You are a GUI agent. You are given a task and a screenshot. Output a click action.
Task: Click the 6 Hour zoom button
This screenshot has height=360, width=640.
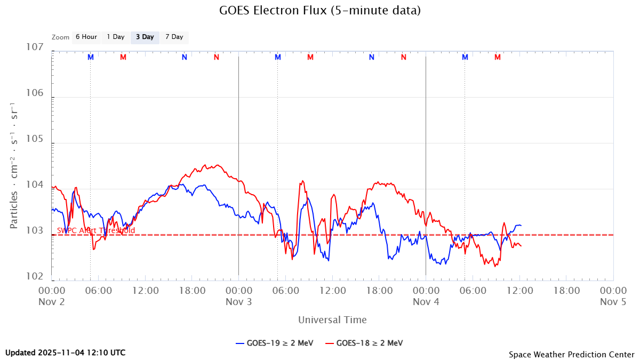click(x=86, y=37)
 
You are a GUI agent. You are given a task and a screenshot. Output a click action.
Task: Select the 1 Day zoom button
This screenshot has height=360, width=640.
click(x=115, y=37)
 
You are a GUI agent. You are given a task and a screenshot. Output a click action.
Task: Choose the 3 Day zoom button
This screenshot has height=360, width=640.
click(x=145, y=37)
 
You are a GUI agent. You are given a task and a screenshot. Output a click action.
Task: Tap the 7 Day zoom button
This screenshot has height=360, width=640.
click(x=174, y=37)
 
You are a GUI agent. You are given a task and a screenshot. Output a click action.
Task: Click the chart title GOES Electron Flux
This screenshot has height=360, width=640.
click(x=320, y=11)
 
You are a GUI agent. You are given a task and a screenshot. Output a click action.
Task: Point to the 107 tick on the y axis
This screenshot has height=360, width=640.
click(x=35, y=47)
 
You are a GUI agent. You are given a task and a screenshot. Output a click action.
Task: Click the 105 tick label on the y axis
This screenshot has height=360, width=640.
click(x=35, y=139)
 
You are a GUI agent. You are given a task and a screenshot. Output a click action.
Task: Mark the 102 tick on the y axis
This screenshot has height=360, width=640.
click(x=35, y=277)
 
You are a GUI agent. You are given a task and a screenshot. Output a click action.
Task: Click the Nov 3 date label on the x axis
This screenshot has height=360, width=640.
click(x=238, y=302)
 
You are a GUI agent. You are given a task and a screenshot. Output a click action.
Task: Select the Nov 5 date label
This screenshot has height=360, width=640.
click(x=613, y=302)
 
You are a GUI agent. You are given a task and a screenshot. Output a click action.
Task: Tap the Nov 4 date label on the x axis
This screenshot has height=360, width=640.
click(x=426, y=302)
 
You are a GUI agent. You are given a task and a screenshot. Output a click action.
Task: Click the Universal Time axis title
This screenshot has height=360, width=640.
click(x=332, y=320)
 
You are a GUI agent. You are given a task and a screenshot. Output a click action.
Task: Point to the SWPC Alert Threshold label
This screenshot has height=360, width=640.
click(x=96, y=230)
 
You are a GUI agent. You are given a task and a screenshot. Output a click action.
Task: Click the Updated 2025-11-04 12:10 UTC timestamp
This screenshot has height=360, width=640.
click(x=66, y=353)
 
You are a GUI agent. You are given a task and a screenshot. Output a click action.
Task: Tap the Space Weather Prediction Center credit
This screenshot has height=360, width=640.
click(x=571, y=354)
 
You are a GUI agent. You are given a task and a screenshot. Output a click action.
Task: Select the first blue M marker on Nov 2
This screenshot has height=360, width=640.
click(x=91, y=57)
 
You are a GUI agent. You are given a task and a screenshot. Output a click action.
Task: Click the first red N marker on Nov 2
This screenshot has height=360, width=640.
click(x=216, y=57)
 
